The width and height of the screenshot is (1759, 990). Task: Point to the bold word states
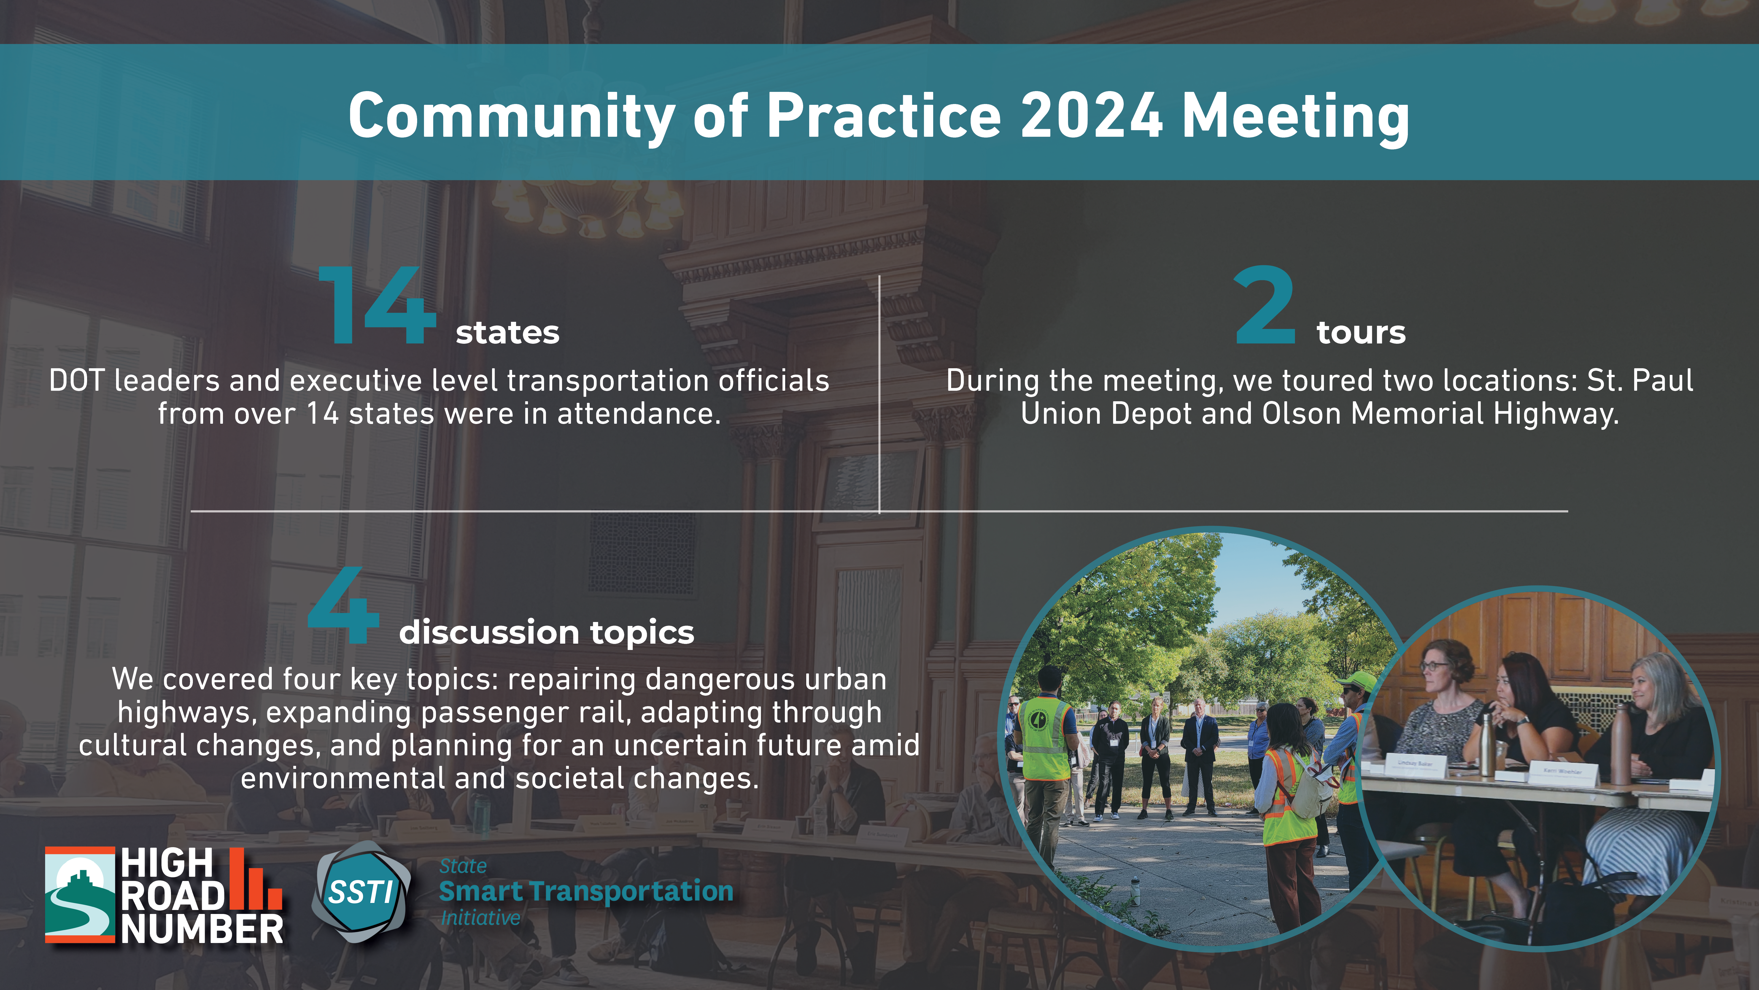[x=507, y=333]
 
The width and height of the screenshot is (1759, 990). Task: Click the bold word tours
[x=1361, y=333]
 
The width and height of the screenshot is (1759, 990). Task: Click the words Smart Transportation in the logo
[x=586, y=891]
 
